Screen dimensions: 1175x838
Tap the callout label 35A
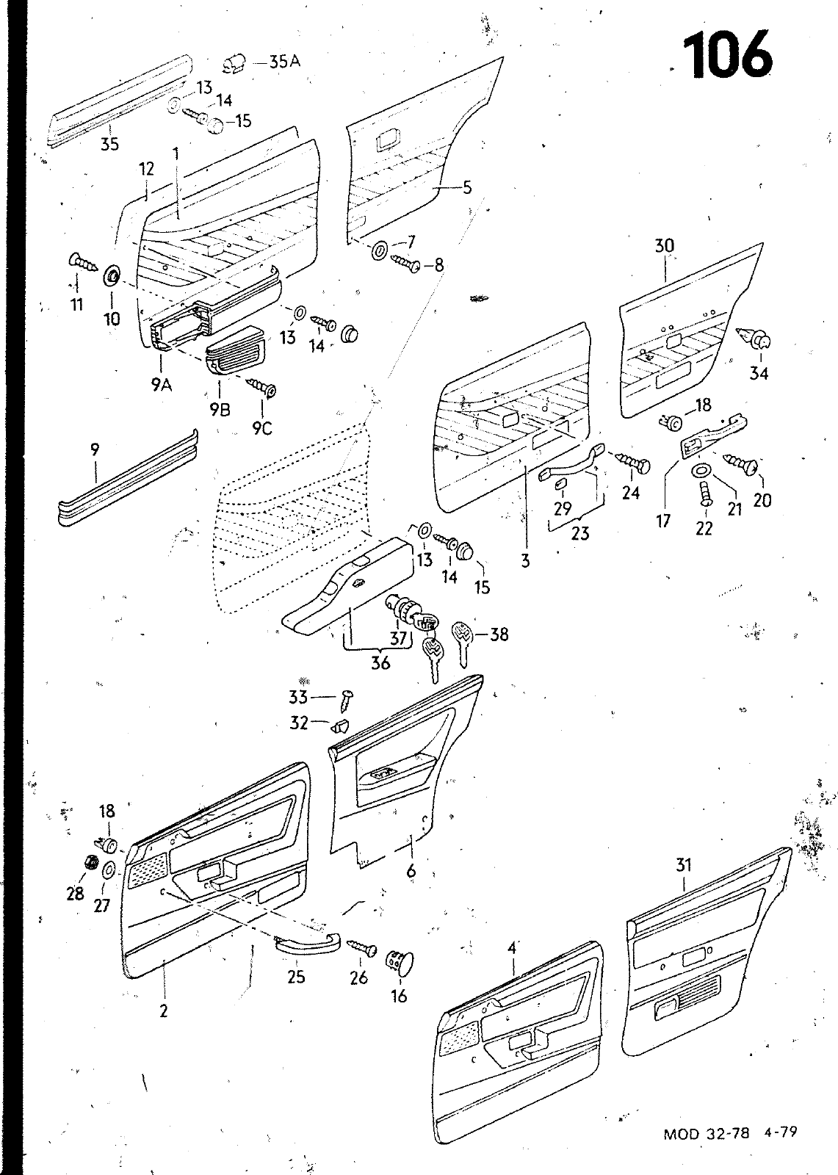click(x=285, y=62)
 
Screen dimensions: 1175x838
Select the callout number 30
click(x=664, y=246)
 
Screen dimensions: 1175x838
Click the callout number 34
click(x=759, y=373)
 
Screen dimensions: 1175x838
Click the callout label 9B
click(x=220, y=410)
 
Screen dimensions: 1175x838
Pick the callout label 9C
click(x=262, y=427)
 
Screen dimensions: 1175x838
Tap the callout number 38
click(x=499, y=634)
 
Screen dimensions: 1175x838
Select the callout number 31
click(x=684, y=865)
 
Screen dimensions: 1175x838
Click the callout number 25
click(x=296, y=977)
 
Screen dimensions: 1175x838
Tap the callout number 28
click(x=76, y=893)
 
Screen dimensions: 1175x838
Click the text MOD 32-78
click(x=706, y=1154)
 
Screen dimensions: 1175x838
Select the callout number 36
click(x=380, y=662)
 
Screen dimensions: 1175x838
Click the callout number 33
click(x=297, y=695)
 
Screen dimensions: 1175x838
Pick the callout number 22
click(x=704, y=528)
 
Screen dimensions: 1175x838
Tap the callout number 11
click(x=77, y=304)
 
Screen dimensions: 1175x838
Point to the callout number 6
click(x=411, y=871)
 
